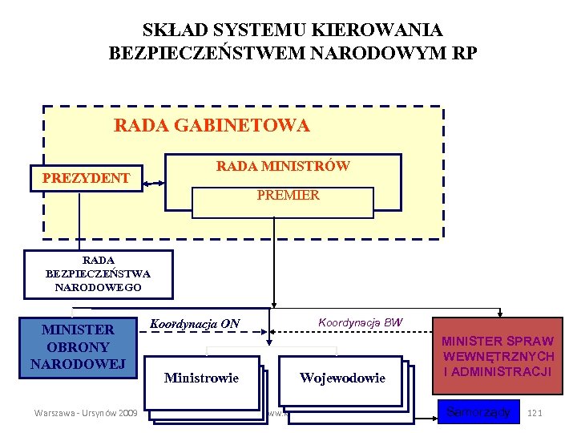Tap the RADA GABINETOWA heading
click(x=212, y=126)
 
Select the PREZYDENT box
click(x=87, y=177)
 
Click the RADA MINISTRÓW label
click(x=282, y=166)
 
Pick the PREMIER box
click(x=288, y=196)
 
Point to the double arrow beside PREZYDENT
click(x=153, y=184)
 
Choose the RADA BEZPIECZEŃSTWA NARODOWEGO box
click(x=98, y=273)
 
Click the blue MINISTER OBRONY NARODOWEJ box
click(x=78, y=346)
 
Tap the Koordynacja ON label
click(x=195, y=324)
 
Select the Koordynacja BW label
click(x=361, y=322)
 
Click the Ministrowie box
click(x=201, y=378)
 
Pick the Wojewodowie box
click(x=342, y=378)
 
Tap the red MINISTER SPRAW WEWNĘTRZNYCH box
click(x=498, y=356)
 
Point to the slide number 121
click(x=537, y=413)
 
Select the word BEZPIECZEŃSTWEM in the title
click(x=200, y=54)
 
